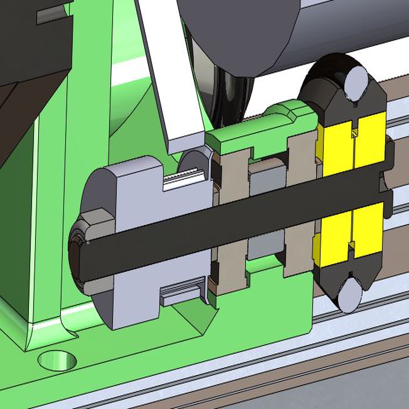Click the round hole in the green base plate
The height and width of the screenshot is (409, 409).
click(57, 360)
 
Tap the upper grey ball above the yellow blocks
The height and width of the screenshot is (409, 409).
click(355, 83)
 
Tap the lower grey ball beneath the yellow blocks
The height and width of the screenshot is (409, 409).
click(349, 295)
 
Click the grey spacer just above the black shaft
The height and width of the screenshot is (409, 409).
click(267, 176)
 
